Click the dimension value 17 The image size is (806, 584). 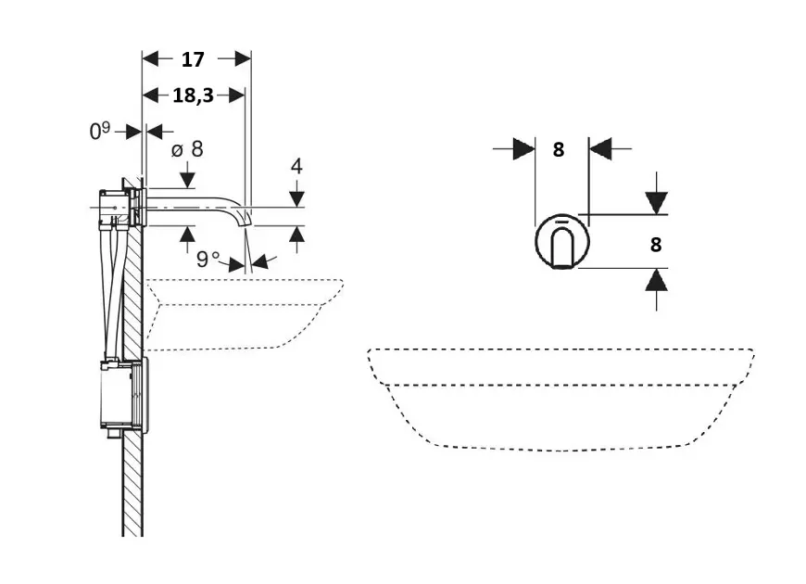pyautogui.click(x=193, y=60)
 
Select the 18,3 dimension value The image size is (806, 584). pyautogui.click(x=193, y=95)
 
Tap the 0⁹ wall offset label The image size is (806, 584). pyautogui.click(x=100, y=132)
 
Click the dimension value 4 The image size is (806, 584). pyautogui.click(x=296, y=167)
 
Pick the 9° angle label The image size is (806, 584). pyautogui.click(x=208, y=259)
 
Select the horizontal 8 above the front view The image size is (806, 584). pyautogui.click(x=559, y=149)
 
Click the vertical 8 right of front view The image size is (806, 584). pyautogui.click(x=656, y=245)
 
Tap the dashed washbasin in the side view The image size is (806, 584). pyautogui.click(x=241, y=311)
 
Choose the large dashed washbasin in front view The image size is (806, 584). pyautogui.click(x=560, y=399)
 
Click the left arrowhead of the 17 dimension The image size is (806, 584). pyautogui.click(x=150, y=59)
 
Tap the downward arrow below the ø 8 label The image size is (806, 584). pyautogui.click(x=188, y=176)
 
